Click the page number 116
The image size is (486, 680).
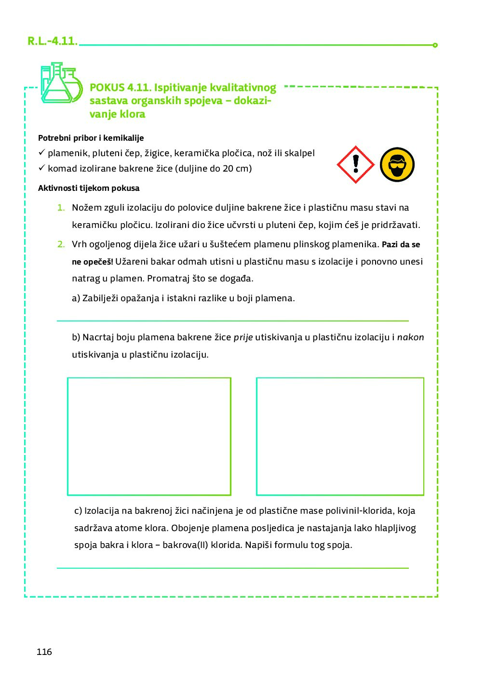(x=44, y=652)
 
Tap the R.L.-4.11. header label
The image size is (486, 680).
(x=52, y=41)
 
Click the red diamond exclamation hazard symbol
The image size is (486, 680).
(x=356, y=164)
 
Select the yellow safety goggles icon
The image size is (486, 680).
(x=397, y=164)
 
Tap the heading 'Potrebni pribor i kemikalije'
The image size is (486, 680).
(x=91, y=138)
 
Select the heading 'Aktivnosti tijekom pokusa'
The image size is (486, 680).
(x=89, y=188)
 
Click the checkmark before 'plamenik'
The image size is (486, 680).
(x=41, y=152)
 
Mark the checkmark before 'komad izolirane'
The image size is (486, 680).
(x=41, y=168)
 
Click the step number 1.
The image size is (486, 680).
(x=61, y=208)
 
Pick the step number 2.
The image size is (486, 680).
(x=61, y=244)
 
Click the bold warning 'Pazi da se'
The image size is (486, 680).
(x=401, y=244)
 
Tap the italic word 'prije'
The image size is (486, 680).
(x=243, y=337)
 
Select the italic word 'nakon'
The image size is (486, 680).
(x=410, y=337)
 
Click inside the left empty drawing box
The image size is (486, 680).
(x=149, y=436)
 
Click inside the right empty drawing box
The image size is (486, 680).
(x=340, y=436)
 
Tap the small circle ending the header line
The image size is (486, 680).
(x=435, y=45)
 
